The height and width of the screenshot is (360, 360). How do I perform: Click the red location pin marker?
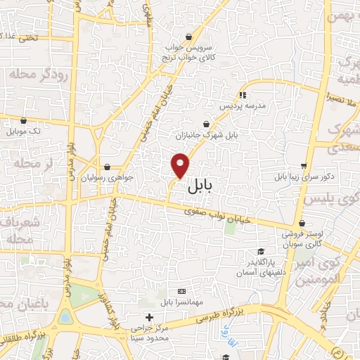(181, 165)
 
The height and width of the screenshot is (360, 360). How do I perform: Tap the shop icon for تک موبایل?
(24, 120)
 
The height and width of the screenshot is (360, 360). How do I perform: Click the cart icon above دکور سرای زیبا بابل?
(304, 166)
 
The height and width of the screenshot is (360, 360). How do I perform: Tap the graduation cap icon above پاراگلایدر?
(260, 252)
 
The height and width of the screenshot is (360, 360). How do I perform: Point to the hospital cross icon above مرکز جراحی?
(148, 317)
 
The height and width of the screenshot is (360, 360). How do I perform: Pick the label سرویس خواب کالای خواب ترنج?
(188, 53)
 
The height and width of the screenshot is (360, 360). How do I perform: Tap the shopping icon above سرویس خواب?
(188, 37)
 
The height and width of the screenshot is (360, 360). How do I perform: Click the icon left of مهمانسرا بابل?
(181, 291)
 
